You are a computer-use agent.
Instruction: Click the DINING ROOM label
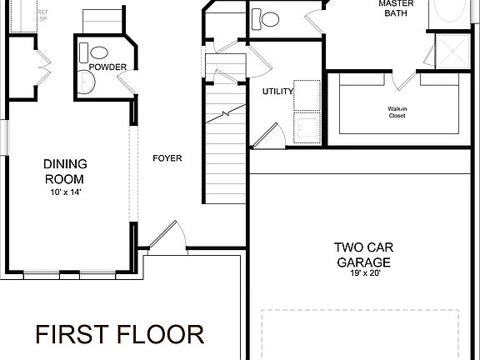tap(65, 171)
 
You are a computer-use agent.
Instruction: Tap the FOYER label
tap(167, 158)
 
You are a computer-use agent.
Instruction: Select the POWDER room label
tap(107, 67)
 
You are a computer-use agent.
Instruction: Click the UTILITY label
tap(277, 92)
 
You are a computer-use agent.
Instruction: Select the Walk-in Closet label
tap(397, 112)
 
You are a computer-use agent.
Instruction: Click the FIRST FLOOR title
tap(119, 335)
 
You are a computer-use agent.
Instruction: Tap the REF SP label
tap(19, 15)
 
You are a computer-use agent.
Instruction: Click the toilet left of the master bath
tap(270, 18)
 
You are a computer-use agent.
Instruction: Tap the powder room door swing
tap(127, 82)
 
